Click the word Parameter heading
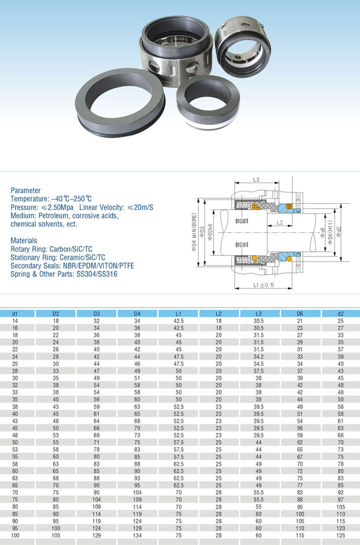click(x=26, y=190)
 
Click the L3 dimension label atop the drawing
click(x=257, y=180)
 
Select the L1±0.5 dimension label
click(x=265, y=285)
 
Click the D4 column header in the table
click(x=137, y=314)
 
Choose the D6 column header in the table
click(x=300, y=314)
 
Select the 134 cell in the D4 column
click(x=137, y=535)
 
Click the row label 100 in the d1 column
click(x=15, y=535)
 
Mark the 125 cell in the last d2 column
click(x=340, y=535)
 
